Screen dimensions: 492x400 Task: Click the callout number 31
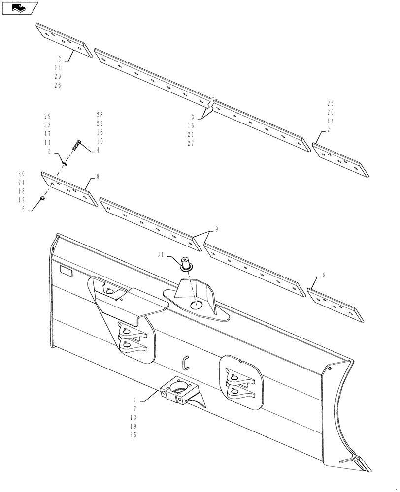161,255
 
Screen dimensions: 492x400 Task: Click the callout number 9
216,229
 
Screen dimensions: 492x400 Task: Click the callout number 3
193,118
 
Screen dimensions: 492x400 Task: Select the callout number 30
21,173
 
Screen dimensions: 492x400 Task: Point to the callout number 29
47,116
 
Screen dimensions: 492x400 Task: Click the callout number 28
100,115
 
